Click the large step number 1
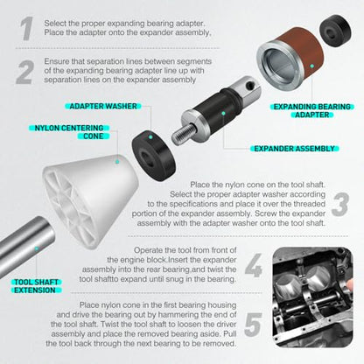(27, 28)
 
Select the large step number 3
(340, 205)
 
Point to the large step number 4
(254, 265)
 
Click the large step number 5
(253, 325)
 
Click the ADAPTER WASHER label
(103, 106)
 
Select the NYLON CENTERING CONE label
(69, 132)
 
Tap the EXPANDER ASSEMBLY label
(294, 149)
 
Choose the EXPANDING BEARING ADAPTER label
(311, 111)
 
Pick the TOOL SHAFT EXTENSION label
(36, 286)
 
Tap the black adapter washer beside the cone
(154, 156)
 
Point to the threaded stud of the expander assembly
(183, 134)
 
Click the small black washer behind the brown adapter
(335, 31)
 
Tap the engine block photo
(312, 297)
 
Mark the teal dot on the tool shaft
(37, 248)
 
